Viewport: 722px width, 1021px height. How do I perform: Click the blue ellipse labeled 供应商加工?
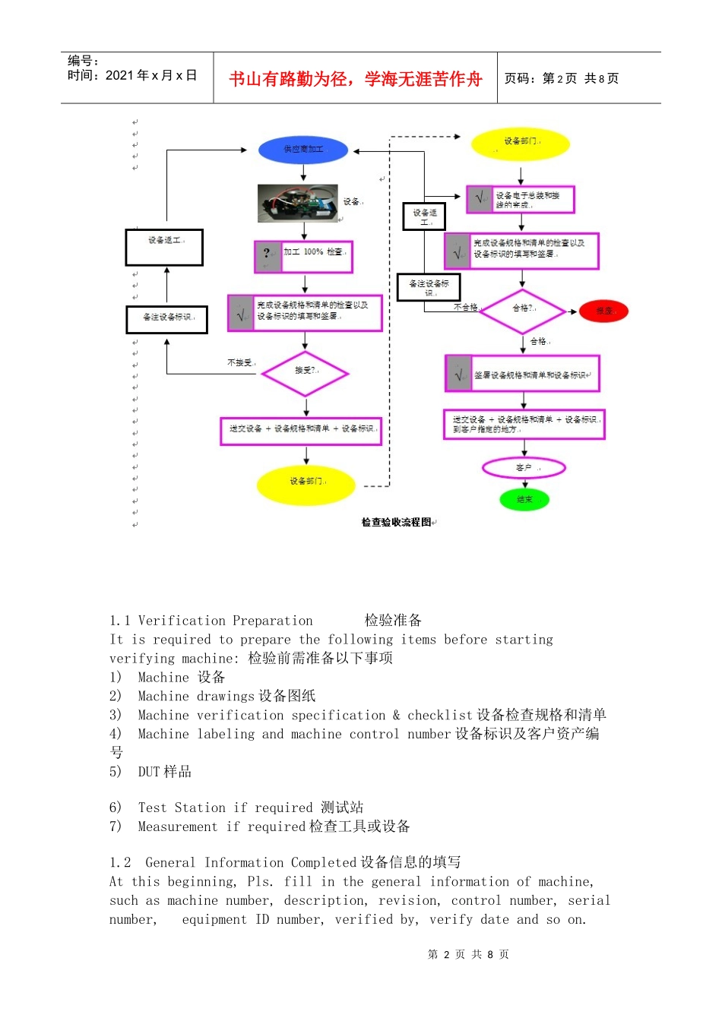303,150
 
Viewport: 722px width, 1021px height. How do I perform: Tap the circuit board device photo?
297,203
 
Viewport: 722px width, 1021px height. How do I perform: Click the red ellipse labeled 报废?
603,311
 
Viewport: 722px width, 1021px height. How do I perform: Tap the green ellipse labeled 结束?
524,499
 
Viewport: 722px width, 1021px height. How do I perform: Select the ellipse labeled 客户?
524,467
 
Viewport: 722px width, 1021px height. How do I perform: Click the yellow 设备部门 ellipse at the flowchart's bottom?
306,483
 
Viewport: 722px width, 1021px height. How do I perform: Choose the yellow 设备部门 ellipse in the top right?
521,143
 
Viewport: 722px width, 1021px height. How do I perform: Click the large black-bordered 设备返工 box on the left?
164,247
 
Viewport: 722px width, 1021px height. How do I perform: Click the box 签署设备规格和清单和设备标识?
523,374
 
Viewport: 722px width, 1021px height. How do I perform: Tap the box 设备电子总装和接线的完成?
521,199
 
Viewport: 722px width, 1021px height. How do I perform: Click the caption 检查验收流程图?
396,522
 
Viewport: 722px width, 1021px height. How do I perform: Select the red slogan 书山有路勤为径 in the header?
355,78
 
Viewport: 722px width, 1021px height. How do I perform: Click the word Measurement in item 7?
179,827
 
